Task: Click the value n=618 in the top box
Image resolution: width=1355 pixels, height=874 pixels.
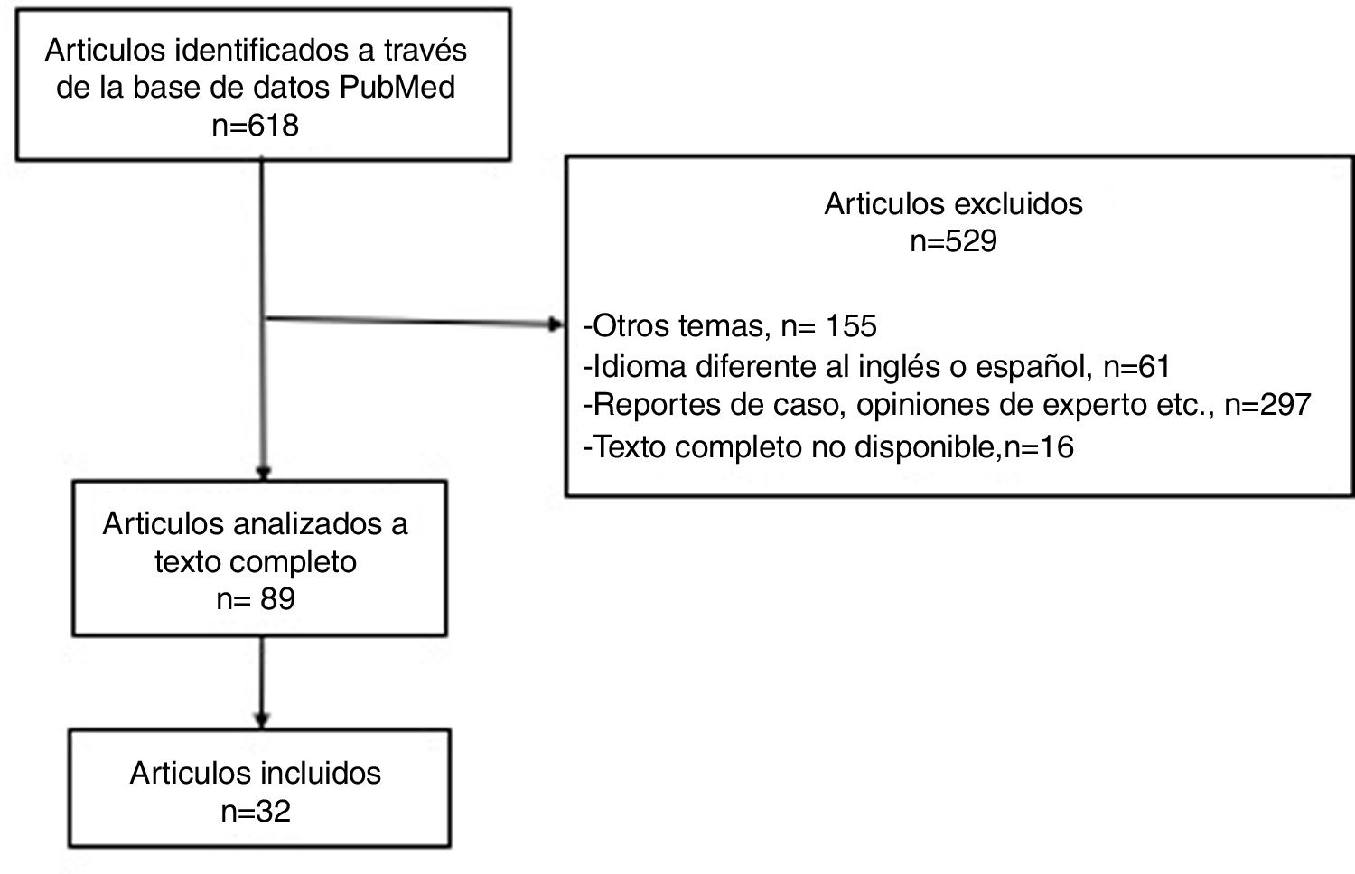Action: tap(255, 125)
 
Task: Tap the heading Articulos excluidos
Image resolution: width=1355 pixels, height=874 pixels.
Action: tap(953, 203)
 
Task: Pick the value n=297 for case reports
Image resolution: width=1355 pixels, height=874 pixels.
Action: tap(1266, 405)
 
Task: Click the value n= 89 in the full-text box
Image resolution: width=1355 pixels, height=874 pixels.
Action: tap(256, 599)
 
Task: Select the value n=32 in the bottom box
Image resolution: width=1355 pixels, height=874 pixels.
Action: tap(256, 811)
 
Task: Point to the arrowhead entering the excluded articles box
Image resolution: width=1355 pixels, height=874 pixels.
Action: tap(556, 324)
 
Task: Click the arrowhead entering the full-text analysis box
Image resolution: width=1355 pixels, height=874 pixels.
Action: tap(263, 473)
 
